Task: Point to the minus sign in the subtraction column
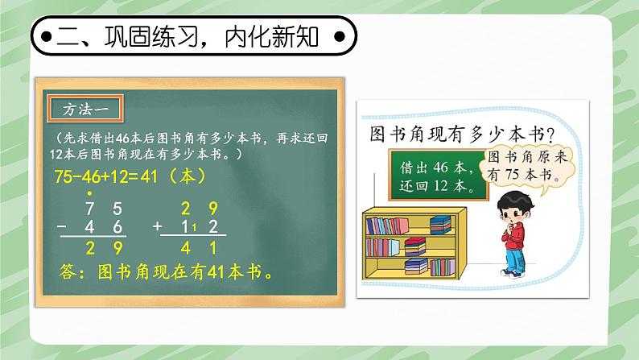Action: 63,228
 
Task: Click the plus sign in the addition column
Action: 158,228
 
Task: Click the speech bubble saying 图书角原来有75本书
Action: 529,166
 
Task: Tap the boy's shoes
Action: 512,272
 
